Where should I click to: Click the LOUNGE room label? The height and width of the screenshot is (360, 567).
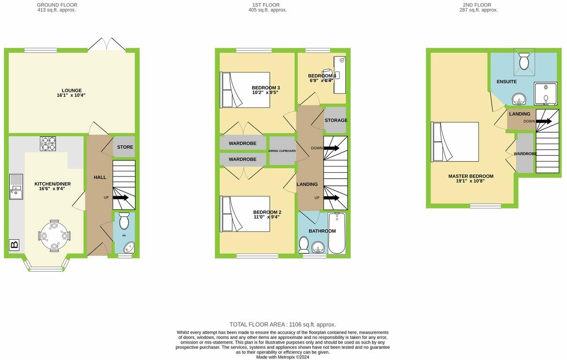pyautogui.click(x=71, y=91)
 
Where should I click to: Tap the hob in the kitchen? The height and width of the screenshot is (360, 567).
pyautogui.click(x=47, y=143)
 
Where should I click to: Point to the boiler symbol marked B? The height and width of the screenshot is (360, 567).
pyautogui.click(x=14, y=245)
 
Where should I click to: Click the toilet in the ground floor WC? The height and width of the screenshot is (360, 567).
pyautogui.click(x=124, y=221)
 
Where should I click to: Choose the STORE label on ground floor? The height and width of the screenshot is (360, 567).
pyautogui.click(x=125, y=147)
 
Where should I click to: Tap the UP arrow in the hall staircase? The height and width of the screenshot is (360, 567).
pyautogui.click(x=121, y=198)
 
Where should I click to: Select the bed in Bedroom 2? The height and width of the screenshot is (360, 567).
pyautogui.click(x=245, y=214)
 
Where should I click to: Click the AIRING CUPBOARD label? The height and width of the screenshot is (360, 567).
pyautogui.click(x=282, y=151)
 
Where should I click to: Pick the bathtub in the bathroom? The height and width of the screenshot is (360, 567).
pyautogui.click(x=336, y=233)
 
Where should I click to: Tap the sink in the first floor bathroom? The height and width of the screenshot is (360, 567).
pyautogui.click(x=318, y=247)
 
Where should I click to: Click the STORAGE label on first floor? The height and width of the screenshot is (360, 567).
pyautogui.click(x=336, y=120)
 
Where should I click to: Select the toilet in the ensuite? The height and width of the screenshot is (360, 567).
pyautogui.click(x=524, y=61)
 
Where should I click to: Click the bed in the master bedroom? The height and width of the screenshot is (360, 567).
pyautogui.click(x=455, y=142)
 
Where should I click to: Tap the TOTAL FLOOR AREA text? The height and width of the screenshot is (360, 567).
pyautogui.click(x=282, y=324)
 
